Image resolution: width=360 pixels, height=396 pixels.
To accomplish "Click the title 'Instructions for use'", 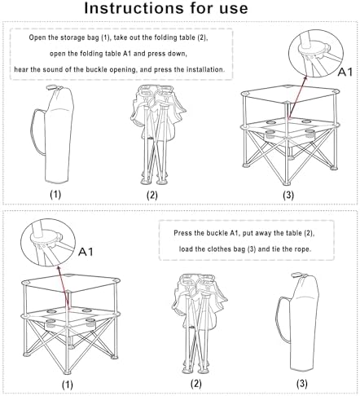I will tap(179, 11).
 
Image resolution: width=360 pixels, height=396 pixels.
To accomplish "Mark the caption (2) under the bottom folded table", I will tap(196, 382).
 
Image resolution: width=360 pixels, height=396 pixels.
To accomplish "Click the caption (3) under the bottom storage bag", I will tap(302, 382).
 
